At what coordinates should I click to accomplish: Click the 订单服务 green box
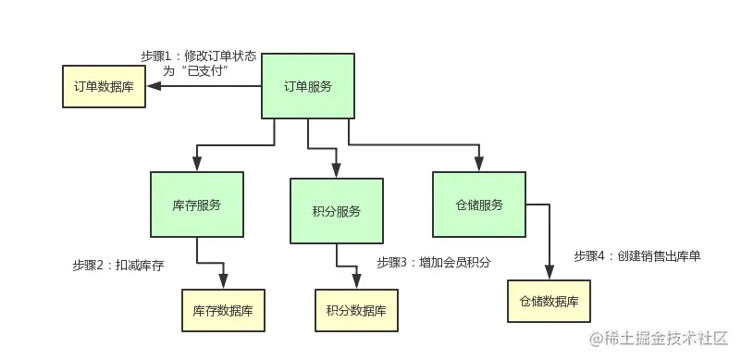[307, 87]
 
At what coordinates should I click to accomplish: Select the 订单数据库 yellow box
[104, 87]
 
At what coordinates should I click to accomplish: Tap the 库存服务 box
[196, 205]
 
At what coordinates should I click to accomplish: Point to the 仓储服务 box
[479, 205]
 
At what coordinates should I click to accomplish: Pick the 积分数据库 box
[356, 310]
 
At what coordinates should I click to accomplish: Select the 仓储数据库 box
[549, 301]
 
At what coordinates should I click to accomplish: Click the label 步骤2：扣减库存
[117, 265]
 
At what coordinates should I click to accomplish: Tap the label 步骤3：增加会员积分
[433, 262]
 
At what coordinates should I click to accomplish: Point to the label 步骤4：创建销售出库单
[636, 255]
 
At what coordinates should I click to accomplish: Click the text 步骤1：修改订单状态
[199, 56]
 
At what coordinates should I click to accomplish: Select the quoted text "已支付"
[207, 70]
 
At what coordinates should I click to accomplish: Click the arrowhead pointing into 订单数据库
[154, 87]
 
